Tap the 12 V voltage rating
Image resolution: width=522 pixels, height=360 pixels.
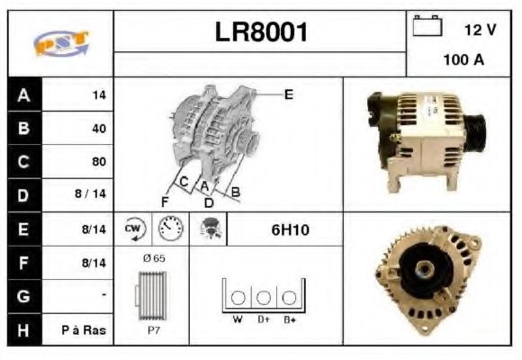point(480,30)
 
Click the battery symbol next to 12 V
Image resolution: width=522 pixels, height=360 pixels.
point(426,26)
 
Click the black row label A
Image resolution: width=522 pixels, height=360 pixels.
point(23,94)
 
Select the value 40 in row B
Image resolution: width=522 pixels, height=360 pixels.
point(98,128)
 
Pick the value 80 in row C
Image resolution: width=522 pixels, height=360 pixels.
point(98,162)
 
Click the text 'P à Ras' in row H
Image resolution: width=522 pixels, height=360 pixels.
point(85,330)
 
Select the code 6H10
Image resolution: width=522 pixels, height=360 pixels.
point(290,229)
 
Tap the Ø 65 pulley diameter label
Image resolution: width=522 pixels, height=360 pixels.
point(153,258)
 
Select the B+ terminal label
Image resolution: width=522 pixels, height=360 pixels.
point(289,319)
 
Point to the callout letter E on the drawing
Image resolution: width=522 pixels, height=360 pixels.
point(288,93)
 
